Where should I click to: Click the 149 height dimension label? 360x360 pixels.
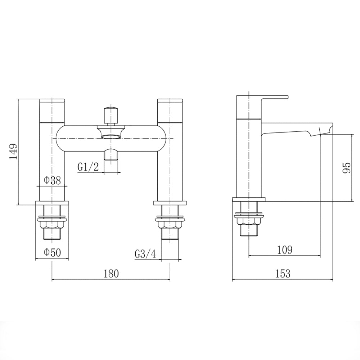(13, 152)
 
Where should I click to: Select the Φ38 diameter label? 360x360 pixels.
(52, 180)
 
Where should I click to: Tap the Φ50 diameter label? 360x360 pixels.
(51, 253)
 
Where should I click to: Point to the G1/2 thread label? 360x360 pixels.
(88, 167)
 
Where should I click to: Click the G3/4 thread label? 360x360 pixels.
(145, 254)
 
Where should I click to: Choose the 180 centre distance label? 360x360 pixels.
(111, 274)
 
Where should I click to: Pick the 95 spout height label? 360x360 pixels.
(346, 167)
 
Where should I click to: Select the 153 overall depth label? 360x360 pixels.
(283, 274)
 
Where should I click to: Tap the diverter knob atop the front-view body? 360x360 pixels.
(111, 114)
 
